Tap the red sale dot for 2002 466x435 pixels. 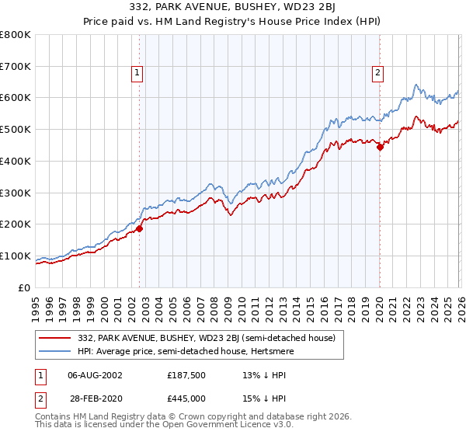pyautogui.click(x=140, y=228)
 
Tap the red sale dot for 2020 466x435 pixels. pyautogui.click(x=380, y=147)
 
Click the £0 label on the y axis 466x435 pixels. pyautogui.click(x=24, y=287)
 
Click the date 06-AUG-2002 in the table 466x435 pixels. pyautogui.click(x=95, y=374)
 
